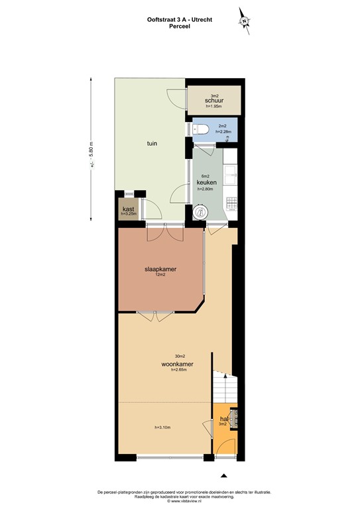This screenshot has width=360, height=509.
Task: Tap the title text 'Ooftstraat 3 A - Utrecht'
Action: [x=180, y=20]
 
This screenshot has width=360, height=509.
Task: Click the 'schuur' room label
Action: [x=213, y=101]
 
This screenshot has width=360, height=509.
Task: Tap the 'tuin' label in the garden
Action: [x=152, y=142]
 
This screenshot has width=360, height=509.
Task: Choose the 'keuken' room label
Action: [x=205, y=182]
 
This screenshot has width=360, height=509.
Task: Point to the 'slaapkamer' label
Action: [x=161, y=269]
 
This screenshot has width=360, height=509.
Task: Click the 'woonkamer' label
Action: [x=176, y=364]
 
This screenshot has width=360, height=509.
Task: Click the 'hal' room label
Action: [x=224, y=419]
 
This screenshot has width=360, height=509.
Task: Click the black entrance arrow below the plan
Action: [x=223, y=475]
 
